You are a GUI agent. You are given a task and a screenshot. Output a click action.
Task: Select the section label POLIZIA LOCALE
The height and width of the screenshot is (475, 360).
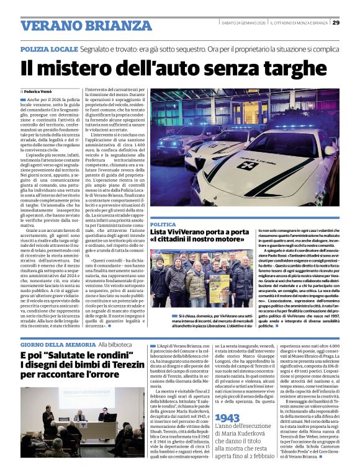(x=48, y=48)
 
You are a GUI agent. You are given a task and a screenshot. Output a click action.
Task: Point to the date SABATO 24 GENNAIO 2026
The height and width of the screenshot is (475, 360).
(x=244, y=23)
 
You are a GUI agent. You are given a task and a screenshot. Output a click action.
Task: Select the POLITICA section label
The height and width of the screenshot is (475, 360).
(x=163, y=224)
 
